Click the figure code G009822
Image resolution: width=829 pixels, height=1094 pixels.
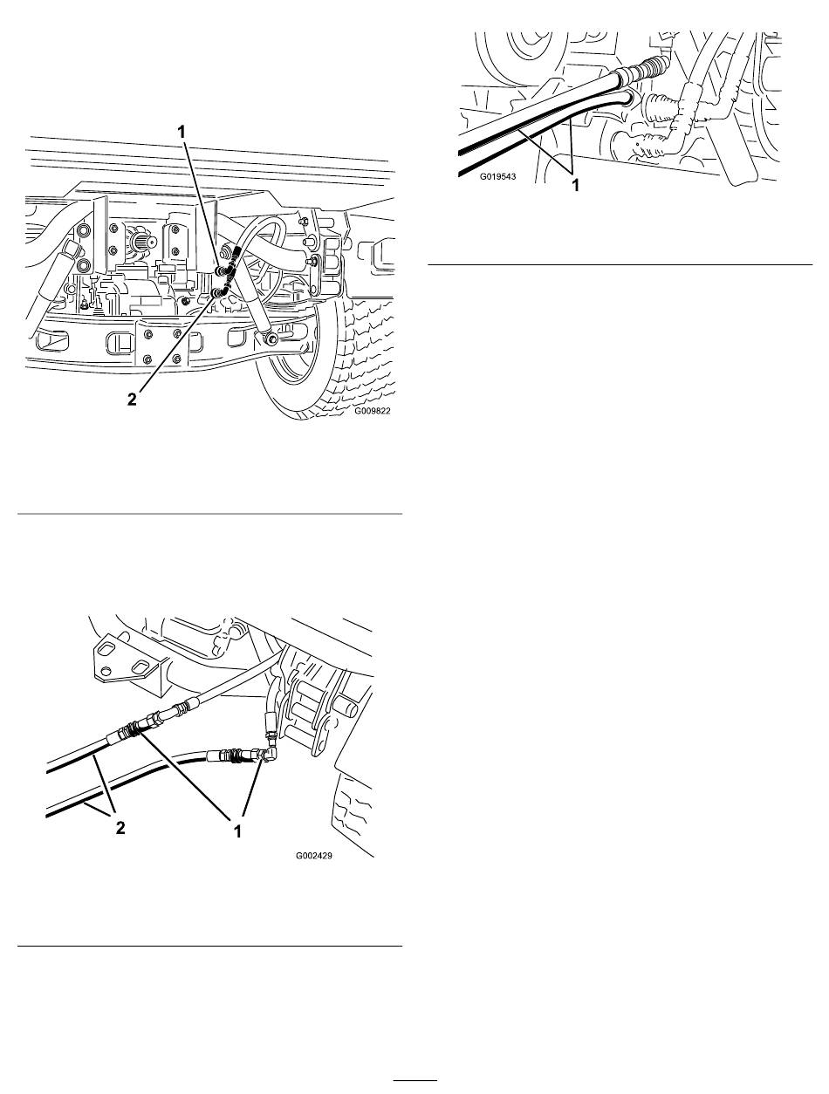click(x=373, y=411)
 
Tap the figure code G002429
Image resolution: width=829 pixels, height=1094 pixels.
click(x=313, y=856)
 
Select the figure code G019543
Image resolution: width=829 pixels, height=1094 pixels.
click(x=497, y=176)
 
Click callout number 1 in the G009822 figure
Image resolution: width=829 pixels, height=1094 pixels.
click(x=182, y=132)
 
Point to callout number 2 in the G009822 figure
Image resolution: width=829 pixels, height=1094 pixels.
click(x=132, y=399)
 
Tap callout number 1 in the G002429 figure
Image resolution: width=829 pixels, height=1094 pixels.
click(x=238, y=831)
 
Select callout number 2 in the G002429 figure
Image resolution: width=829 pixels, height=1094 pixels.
click(x=120, y=828)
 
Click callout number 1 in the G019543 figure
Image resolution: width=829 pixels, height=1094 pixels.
click(x=575, y=186)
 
